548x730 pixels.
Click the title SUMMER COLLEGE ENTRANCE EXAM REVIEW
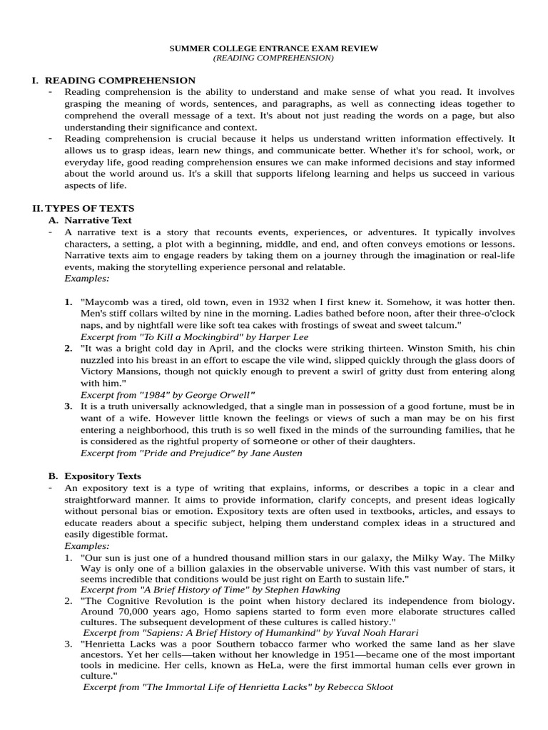click(x=274, y=48)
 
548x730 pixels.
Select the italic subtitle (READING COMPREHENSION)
click(x=274, y=58)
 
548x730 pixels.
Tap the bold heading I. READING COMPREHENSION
click(x=113, y=81)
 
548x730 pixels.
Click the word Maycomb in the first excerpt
click(x=106, y=302)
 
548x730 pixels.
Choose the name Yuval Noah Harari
click(x=371, y=632)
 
